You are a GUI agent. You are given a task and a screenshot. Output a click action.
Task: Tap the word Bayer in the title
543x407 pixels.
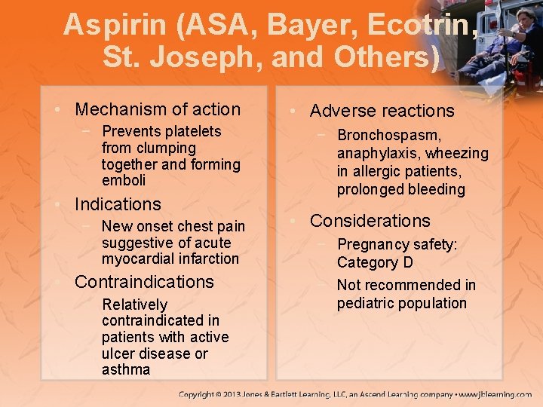pyautogui.click(x=313, y=25)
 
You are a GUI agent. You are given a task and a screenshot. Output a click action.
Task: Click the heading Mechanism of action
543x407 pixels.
pyautogui.click(x=158, y=109)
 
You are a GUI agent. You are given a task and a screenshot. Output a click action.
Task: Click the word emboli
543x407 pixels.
pyautogui.click(x=124, y=180)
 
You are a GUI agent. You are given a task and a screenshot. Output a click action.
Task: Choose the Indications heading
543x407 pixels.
pyautogui.click(x=118, y=204)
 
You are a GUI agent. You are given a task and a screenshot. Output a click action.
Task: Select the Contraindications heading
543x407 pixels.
pyautogui.click(x=144, y=282)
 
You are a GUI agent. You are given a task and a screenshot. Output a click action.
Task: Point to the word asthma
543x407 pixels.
pyautogui.click(x=126, y=369)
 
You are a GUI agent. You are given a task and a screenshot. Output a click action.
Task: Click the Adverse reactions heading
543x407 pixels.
pyautogui.click(x=382, y=111)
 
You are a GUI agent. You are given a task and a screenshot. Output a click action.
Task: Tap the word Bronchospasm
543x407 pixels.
pyautogui.click(x=389, y=136)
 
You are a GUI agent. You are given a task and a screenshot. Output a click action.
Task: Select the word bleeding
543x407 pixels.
pyautogui.click(x=434, y=189)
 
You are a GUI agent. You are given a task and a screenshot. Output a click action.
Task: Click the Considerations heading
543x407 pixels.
pyautogui.click(x=370, y=221)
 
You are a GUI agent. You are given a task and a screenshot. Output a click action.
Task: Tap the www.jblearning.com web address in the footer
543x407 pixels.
pyautogui.click(x=495, y=394)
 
